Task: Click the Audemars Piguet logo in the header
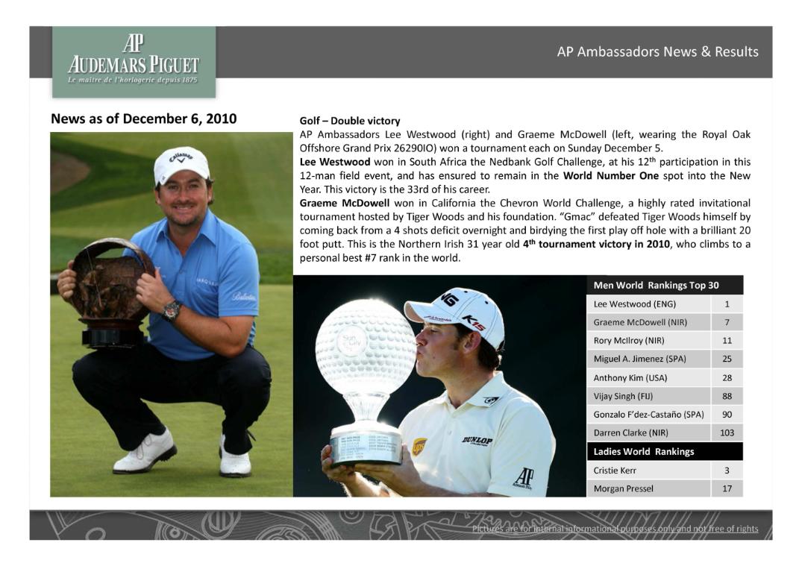tap(134, 61)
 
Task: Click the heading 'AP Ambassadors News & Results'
tap(657, 52)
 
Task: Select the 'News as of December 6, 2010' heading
tap(143, 119)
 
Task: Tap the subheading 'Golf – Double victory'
tap(350, 121)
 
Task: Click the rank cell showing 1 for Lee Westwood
tap(727, 304)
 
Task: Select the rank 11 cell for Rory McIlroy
tap(727, 341)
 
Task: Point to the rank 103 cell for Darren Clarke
tap(727, 433)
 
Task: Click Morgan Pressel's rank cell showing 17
tap(727, 488)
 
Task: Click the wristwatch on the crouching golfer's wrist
tap(172, 309)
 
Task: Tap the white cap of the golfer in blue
tap(181, 165)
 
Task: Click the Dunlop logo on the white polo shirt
tap(477, 441)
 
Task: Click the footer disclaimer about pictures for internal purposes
tap(615, 529)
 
